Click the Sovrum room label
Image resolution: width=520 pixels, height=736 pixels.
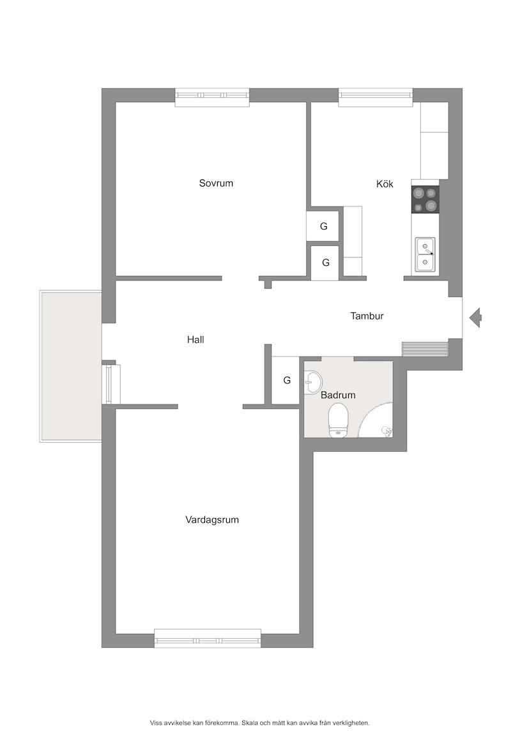point(216,183)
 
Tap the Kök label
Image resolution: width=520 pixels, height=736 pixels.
point(385,183)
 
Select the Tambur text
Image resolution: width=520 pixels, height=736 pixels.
point(367,316)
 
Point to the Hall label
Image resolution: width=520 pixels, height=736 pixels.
point(195,339)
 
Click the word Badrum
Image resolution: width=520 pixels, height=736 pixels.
point(338,395)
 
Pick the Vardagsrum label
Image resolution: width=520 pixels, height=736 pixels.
point(212,519)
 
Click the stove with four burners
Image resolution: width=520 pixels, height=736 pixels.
point(425,199)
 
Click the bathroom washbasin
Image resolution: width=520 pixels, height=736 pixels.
point(312,381)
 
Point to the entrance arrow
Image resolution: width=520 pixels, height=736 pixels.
point(475,318)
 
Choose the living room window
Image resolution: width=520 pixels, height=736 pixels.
point(208,639)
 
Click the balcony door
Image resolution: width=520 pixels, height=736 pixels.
point(111,384)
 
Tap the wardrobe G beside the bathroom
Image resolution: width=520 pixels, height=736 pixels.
point(286,380)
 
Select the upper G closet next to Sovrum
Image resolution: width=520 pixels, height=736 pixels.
point(323,226)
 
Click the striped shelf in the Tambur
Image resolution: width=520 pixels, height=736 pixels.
point(425,349)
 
